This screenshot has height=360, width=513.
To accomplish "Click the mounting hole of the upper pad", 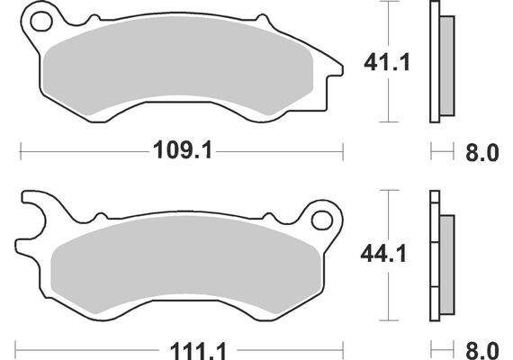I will (37, 21).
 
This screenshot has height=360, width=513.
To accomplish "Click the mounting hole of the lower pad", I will (320, 220).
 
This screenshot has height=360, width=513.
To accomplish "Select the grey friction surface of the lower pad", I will (180, 270).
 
